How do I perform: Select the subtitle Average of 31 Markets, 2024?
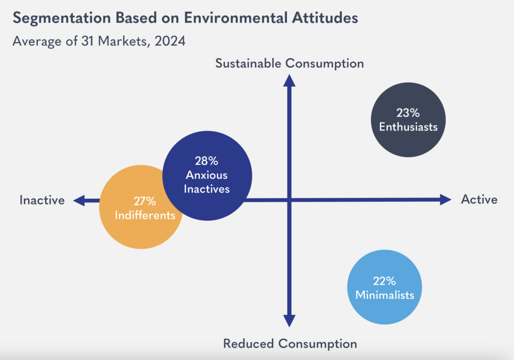coord(99,41)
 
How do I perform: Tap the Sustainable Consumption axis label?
coord(289,63)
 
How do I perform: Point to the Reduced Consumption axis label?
coord(290,344)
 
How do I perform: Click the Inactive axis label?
coord(42,200)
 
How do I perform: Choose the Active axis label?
coord(479,199)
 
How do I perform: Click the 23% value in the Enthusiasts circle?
coord(408,113)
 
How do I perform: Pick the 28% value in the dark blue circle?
coord(206,162)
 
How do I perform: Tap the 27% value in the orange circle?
coord(145,202)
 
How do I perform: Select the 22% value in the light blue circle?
coord(384,281)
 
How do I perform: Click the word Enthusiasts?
coord(408,127)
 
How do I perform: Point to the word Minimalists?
coord(384,295)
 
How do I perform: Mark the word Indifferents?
coord(145,215)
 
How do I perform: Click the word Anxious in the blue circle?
coord(206,175)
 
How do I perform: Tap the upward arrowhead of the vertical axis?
coord(289,80)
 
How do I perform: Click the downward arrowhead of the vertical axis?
coord(289,320)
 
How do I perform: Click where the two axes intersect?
coord(289,200)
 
